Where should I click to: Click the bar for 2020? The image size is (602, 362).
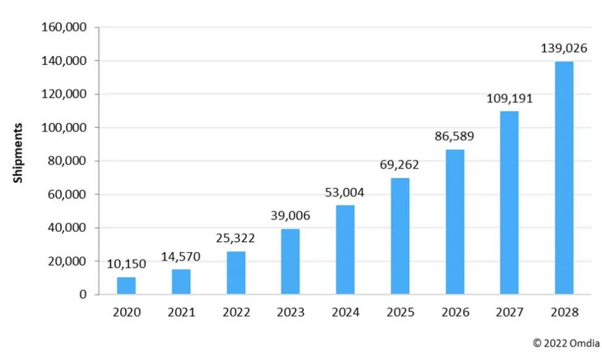126,285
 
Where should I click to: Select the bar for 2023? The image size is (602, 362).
290,262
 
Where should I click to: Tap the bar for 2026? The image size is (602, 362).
455,222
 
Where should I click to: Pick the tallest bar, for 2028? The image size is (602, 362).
564,178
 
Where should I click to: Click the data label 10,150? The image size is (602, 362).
126,264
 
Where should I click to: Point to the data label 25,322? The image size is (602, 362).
236,239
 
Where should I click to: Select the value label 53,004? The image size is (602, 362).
345,192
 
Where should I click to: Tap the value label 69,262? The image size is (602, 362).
399,165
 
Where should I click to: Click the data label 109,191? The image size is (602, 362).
509,99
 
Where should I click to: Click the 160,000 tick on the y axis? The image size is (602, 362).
64,27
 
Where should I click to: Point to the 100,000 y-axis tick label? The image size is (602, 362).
64,127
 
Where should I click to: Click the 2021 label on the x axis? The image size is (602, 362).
181,312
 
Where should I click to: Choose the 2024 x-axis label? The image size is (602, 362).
345,312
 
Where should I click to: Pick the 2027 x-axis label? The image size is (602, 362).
509,312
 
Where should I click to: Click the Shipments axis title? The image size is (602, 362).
19,153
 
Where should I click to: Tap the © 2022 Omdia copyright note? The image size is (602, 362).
565,343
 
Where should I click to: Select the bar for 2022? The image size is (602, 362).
236,273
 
